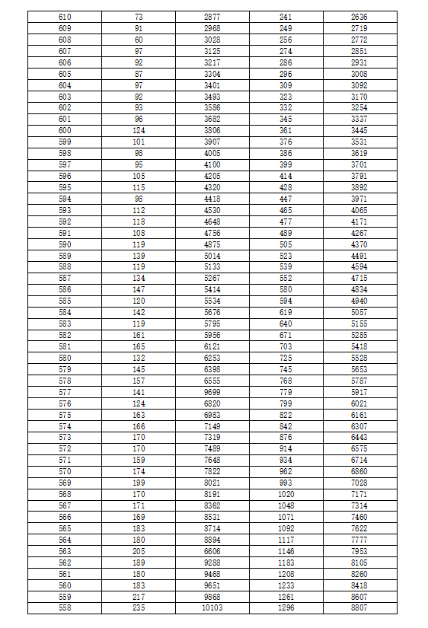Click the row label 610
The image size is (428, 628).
point(65,16)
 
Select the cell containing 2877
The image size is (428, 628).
point(212,16)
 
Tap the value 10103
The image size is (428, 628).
point(212,608)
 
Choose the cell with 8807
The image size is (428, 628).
point(359,608)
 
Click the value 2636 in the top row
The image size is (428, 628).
point(359,16)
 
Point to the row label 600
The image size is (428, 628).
point(65,130)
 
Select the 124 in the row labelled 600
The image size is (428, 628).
point(139,130)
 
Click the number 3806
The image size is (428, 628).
point(212,130)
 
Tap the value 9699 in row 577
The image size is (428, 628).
point(212,392)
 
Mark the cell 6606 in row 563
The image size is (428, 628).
point(212,551)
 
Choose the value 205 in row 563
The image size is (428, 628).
point(139,551)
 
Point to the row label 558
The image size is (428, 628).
point(65,608)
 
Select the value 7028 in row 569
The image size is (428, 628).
point(359,483)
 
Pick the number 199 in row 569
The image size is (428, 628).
point(139,483)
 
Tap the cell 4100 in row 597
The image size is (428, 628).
point(212,164)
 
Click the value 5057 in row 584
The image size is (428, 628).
point(359,312)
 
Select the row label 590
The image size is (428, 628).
point(65,244)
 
